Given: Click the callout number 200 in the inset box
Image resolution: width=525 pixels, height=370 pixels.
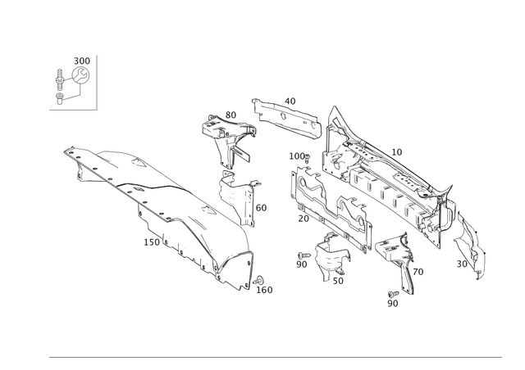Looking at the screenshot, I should (x=80, y=60).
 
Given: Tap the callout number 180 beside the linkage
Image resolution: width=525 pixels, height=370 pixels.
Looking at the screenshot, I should (x=297, y=154).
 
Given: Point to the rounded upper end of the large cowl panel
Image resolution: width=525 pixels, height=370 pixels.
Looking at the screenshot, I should (x=75, y=151).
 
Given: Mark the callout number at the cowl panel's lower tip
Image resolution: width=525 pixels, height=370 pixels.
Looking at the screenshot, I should (x=264, y=288).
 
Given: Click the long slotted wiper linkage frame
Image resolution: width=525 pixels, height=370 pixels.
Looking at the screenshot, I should (x=386, y=180).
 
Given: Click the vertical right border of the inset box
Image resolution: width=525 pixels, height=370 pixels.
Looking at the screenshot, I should (x=98, y=81).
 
